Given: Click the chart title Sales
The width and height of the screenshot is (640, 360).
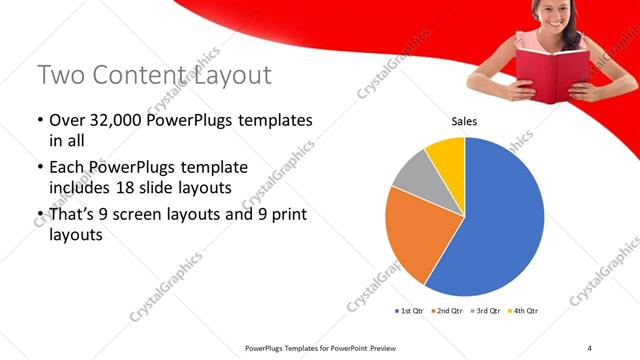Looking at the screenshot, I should [464, 122].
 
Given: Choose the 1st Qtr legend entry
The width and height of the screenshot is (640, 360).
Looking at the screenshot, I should [410, 311].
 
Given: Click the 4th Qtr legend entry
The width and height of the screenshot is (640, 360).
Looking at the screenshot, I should [524, 311].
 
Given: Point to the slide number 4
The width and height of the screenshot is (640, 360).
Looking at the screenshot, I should [589, 347].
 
